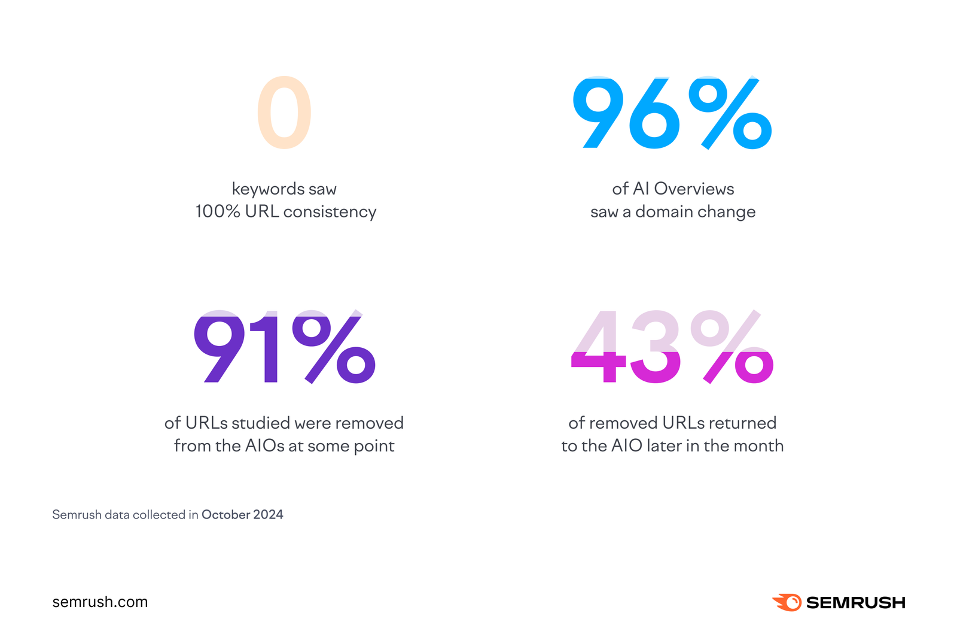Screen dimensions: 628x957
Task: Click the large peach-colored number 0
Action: coord(284,113)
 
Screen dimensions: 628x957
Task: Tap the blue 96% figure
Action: coord(672,113)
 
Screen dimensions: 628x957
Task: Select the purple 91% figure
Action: coord(284,347)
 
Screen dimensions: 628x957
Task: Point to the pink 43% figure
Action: coord(672,347)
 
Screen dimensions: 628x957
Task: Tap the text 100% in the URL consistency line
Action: coord(218,212)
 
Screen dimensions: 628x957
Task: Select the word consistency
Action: coord(330,212)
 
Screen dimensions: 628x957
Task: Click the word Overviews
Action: coord(694,189)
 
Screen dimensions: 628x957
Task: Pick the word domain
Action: coord(664,212)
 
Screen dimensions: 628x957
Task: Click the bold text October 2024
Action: coord(242,515)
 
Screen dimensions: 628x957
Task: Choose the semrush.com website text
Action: coord(100,602)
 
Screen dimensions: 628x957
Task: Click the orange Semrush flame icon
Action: coord(787,602)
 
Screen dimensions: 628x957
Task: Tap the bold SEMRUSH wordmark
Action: coord(855,603)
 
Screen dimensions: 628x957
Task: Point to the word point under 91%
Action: coord(374,446)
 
